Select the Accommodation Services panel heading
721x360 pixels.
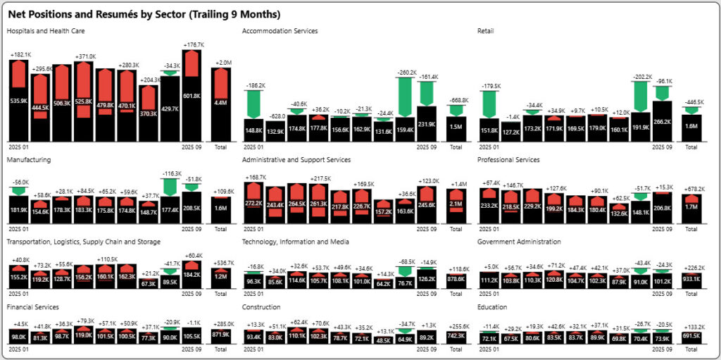coord(280,31)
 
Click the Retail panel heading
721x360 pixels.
coord(485,31)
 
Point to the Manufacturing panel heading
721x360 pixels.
coord(28,160)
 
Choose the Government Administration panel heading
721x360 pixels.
coord(519,242)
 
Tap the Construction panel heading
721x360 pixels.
coord(261,307)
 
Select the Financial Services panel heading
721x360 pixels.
coord(32,307)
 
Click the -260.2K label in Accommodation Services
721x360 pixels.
coord(405,72)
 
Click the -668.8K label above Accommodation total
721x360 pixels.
coord(456,99)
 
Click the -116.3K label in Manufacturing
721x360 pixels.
coord(170,173)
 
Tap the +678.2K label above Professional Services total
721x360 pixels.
coord(691,189)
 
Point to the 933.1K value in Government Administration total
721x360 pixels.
coord(691,280)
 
